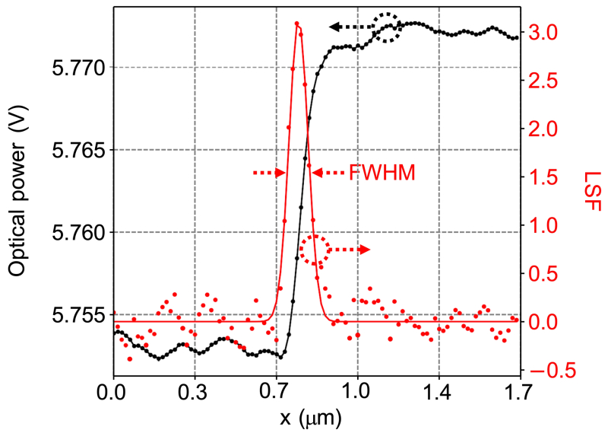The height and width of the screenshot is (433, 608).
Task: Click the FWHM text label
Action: (x=382, y=174)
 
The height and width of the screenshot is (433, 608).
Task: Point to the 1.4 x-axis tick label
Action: (x=439, y=394)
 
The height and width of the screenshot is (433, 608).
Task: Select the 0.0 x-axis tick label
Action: (x=113, y=394)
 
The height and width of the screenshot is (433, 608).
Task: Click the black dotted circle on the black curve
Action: (x=387, y=27)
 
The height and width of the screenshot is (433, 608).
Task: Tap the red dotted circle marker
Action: (x=314, y=250)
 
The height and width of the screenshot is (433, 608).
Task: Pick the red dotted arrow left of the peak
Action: (x=269, y=174)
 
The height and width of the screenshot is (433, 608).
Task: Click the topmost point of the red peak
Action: (x=296, y=24)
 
